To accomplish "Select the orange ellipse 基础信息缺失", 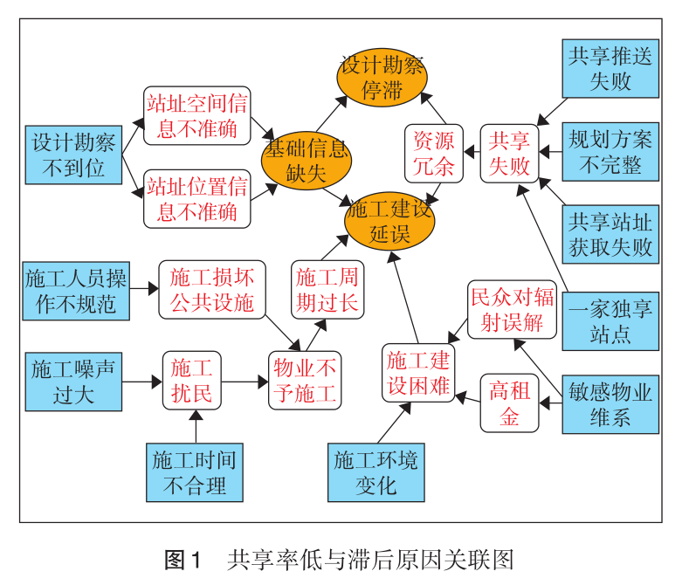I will click(x=306, y=159).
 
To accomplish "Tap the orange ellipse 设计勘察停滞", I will click(x=381, y=78).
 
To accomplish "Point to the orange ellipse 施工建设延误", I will click(x=389, y=222).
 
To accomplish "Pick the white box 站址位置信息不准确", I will click(x=196, y=198).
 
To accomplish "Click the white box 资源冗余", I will click(x=433, y=153).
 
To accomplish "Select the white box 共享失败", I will click(x=508, y=153).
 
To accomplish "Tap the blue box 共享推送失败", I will click(x=610, y=69).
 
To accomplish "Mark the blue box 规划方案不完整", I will click(x=610, y=151).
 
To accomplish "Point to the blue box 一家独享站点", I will click(x=610, y=320).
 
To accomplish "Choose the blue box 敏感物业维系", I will click(x=610, y=403).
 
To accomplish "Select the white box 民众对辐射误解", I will click(x=512, y=309).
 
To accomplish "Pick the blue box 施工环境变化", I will click(x=375, y=472).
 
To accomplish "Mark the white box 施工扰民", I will click(x=191, y=381).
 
